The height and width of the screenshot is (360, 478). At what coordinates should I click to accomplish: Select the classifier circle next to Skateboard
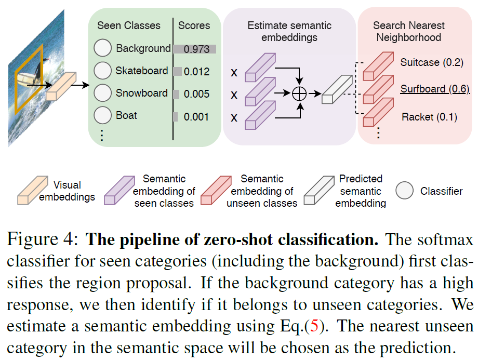point(103,71)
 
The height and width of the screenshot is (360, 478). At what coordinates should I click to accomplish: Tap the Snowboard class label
point(142,94)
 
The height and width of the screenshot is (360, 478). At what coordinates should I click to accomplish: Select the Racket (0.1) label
point(429,117)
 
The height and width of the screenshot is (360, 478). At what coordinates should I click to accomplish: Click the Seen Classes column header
point(129,25)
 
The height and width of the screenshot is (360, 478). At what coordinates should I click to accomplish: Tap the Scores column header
point(194,25)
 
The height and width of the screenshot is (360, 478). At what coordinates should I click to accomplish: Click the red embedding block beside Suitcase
point(378,66)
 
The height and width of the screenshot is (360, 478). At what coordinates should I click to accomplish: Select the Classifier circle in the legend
point(404,191)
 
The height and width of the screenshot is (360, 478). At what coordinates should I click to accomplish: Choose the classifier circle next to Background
point(103,48)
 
